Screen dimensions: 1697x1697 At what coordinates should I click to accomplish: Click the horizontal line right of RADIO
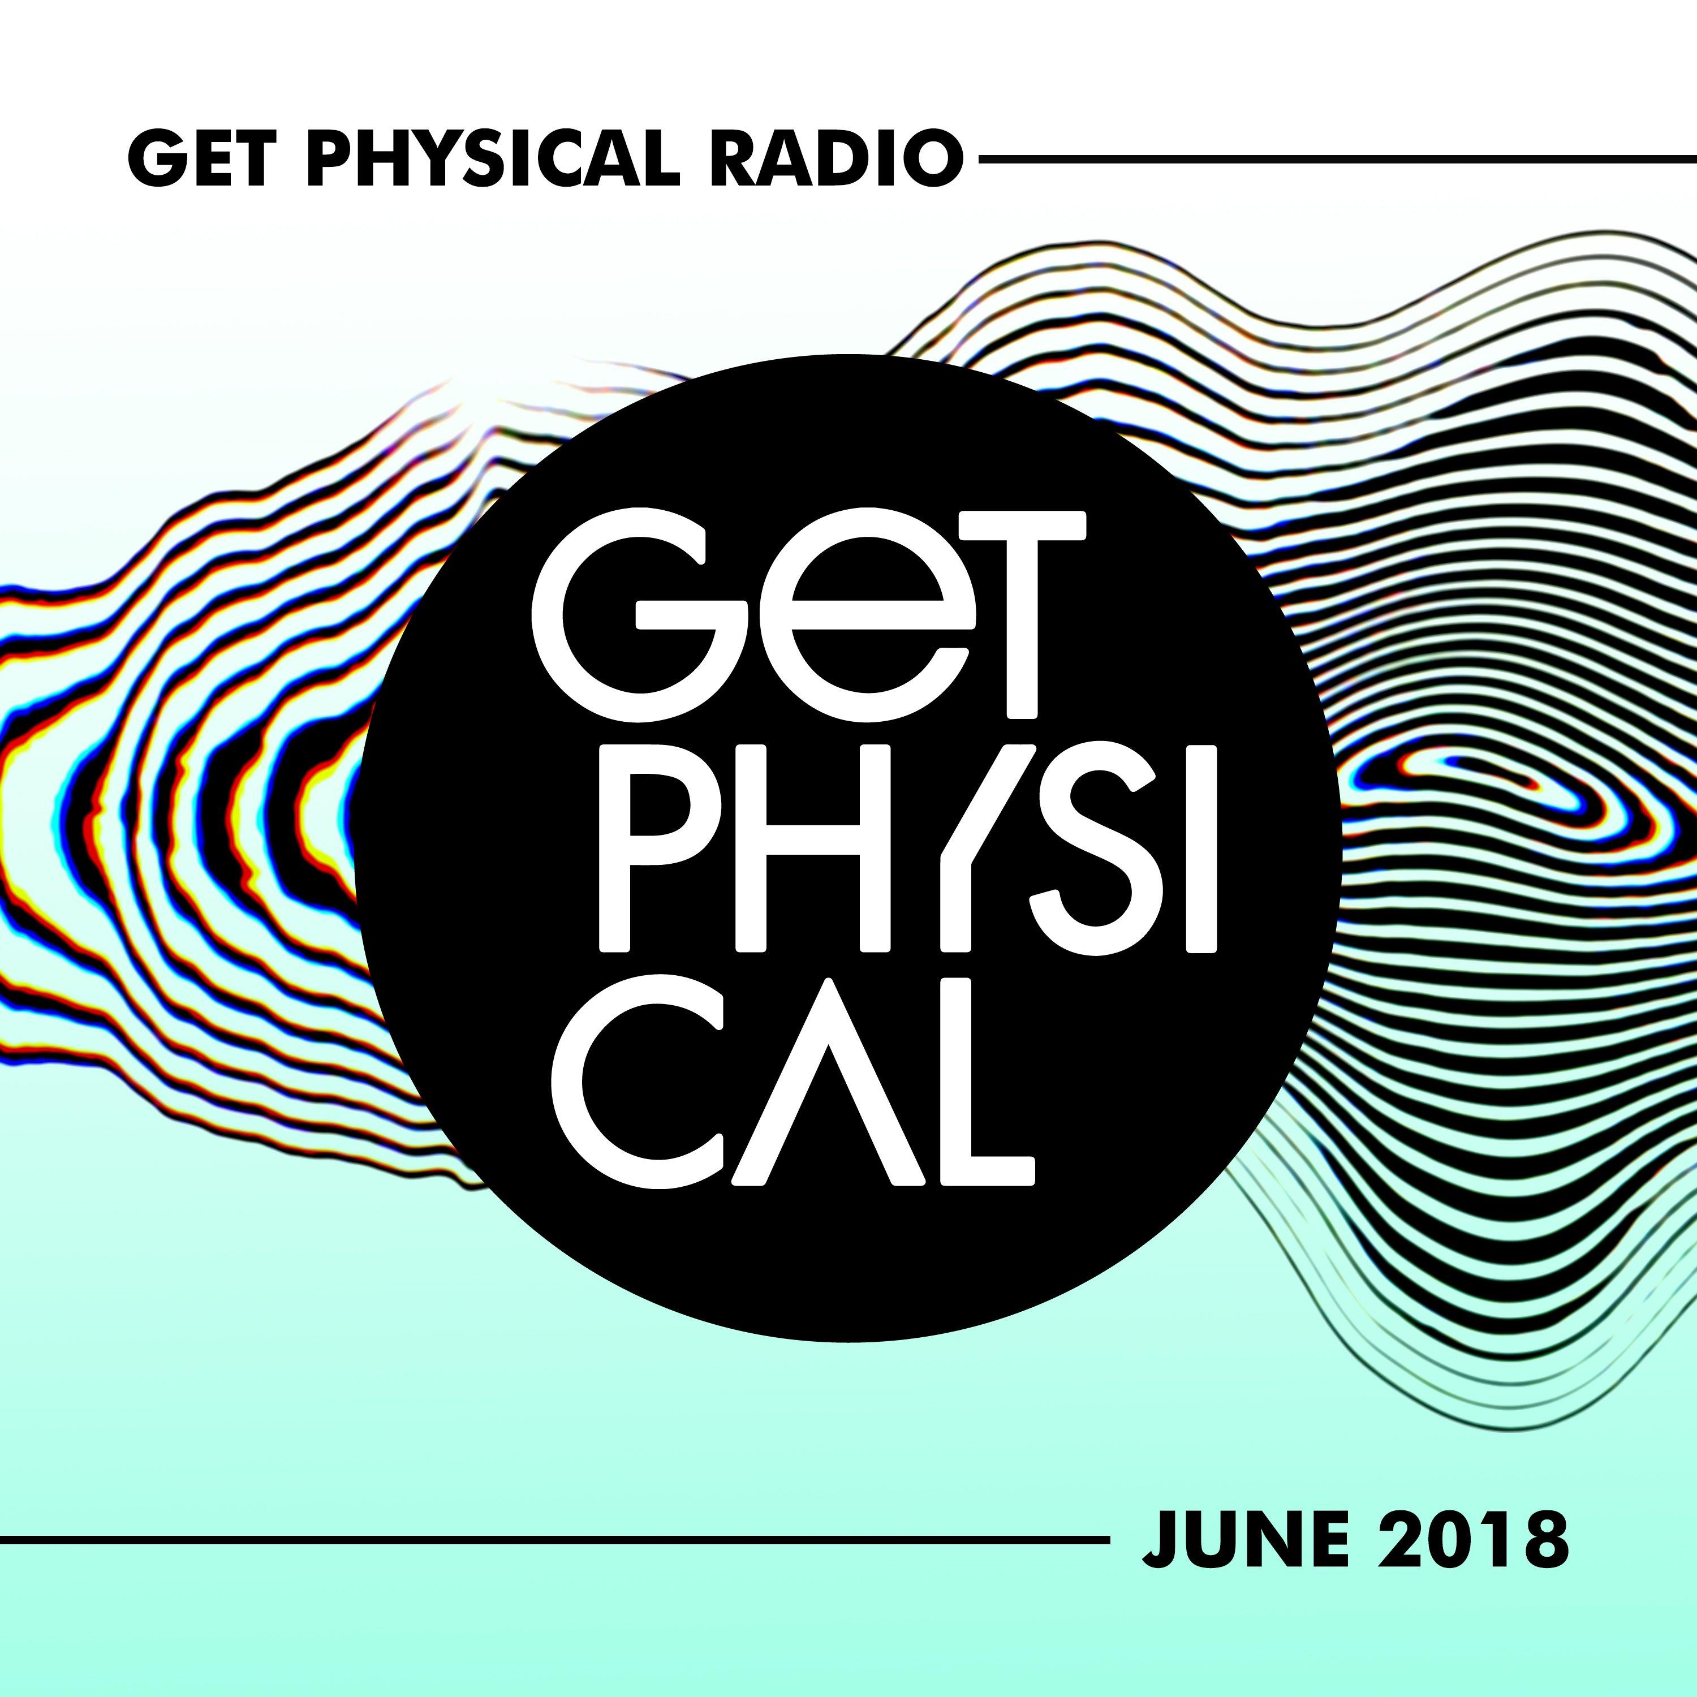pos(1337,159)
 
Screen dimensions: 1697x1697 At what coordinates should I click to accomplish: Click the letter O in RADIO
pos(927,159)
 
